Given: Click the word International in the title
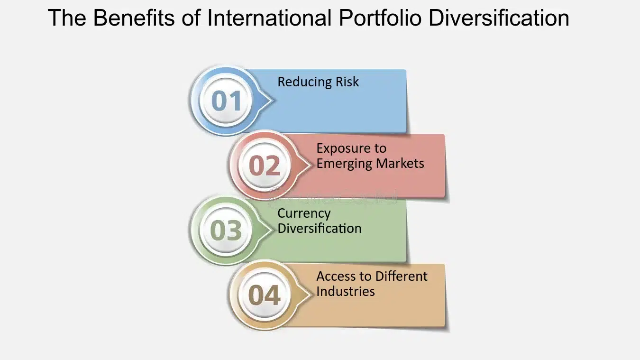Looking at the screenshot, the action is (x=269, y=18).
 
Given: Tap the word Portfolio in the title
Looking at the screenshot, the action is (x=380, y=18).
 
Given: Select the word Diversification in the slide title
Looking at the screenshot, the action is (x=499, y=18).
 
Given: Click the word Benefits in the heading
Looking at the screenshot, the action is (x=134, y=18).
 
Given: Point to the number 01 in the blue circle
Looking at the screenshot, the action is (x=226, y=101).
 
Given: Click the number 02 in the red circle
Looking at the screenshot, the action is (x=265, y=166).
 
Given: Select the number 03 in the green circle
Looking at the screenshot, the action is (x=226, y=230).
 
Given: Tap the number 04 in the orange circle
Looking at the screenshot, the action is (x=264, y=295).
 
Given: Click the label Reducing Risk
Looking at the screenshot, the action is (x=318, y=82).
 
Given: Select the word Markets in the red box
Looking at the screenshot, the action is (x=400, y=163).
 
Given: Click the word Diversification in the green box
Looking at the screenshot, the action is (x=320, y=228).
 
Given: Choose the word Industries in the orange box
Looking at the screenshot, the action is (x=346, y=291).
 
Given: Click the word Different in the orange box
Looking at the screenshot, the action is (x=401, y=276).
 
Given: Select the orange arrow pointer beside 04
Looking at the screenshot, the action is (x=302, y=295).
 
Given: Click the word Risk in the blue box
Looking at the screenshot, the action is (x=347, y=82).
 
